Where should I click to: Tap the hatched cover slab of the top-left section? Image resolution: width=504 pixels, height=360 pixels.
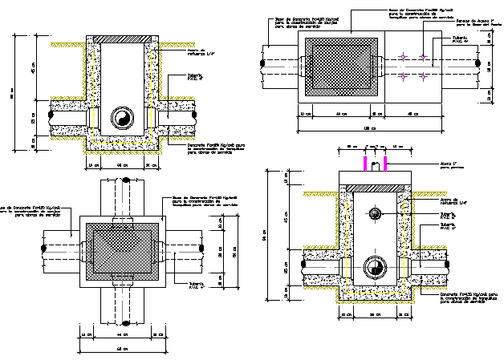point(122,39)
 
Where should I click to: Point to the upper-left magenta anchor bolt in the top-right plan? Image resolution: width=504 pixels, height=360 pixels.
point(401,56)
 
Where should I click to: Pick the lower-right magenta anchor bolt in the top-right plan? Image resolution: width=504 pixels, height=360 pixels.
point(423,77)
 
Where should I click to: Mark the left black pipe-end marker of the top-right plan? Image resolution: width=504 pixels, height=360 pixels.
point(262,61)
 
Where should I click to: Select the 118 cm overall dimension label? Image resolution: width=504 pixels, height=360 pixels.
point(368,127)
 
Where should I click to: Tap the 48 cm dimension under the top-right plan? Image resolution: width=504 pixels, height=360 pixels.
point(412,114)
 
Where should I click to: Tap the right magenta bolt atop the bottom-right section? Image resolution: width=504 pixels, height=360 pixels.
point(386,164)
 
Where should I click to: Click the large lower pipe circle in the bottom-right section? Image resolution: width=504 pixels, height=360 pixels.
point(374,267)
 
